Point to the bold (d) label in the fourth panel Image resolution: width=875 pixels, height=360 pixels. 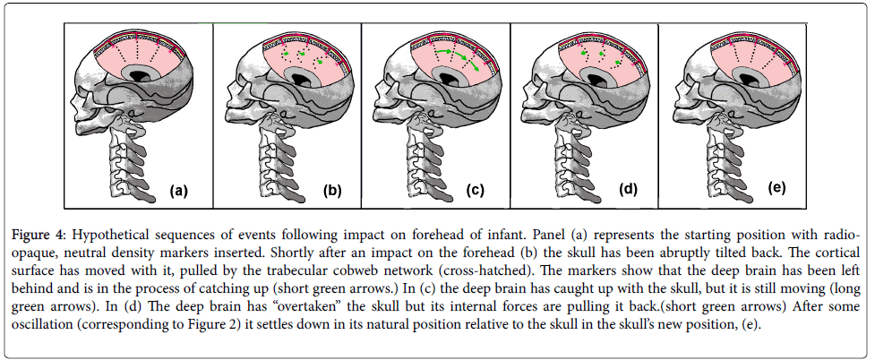coord(628,190)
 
